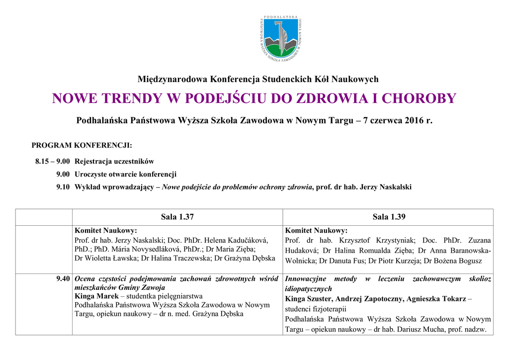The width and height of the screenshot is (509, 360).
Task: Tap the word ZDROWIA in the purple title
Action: coord(332,98)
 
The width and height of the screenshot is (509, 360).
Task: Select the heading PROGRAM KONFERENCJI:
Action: coord(82,146)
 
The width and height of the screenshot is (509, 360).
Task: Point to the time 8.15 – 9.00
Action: coord(52,161)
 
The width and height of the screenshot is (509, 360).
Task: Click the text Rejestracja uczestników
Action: coord(114,161)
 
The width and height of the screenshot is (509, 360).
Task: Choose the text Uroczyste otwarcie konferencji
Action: coord(125,174)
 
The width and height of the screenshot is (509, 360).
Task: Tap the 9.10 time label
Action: coord(63,187)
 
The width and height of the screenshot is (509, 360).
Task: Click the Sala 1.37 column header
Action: coord(177,216)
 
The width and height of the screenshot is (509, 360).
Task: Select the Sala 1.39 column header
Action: coord(388,216)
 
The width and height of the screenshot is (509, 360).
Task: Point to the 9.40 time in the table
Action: coord(63,279)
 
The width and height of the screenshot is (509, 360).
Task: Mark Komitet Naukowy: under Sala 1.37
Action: coord(105,231)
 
